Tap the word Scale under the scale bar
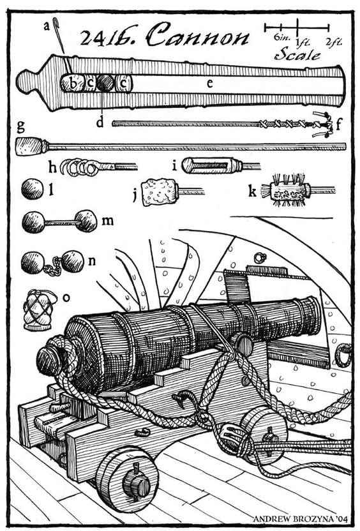click(x=297, y=55)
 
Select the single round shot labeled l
click(x=31, y=189)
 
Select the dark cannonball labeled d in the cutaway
click(x=105, y=82)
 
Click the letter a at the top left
click(x=45, y=26)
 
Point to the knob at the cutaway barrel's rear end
click(x=27, y=82)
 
